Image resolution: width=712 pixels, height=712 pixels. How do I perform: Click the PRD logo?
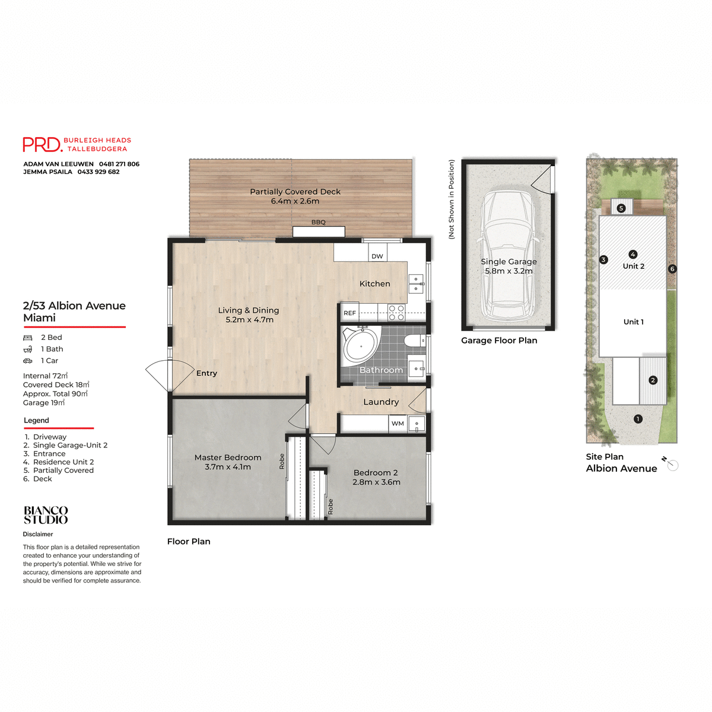42,145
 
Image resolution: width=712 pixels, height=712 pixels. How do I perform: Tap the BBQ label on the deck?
319,223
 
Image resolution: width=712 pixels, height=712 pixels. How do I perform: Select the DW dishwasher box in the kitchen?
377,256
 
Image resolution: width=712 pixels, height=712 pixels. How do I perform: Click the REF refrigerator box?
350,313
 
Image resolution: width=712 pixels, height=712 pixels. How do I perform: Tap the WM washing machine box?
398,423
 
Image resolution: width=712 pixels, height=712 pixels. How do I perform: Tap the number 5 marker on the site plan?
621,208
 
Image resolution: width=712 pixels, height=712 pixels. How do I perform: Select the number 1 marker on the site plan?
638,419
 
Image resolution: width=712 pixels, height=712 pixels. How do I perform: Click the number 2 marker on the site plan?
653,380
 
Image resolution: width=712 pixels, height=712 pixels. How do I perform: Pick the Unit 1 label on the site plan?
633,322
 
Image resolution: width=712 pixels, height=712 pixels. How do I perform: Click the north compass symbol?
672,465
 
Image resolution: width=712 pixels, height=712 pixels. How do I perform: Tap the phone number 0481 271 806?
119,164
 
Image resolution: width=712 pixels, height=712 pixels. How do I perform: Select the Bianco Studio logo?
46,515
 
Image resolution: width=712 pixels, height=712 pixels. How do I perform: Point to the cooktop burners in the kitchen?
396,313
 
